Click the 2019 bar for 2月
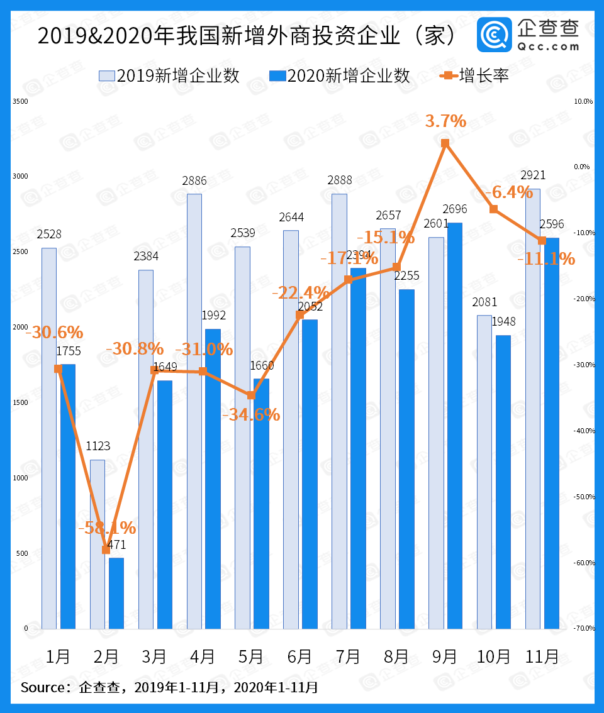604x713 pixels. [x=98, y=544]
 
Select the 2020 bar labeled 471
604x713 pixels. [x=116, y=593]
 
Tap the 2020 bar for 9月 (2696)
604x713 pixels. [x=455, y=426]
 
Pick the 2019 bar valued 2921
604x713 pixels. [x=532, y=409]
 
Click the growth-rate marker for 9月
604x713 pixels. [x=445, y=143]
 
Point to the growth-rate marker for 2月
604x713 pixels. [x=106, y=550]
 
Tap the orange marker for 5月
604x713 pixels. [x=251, y=395]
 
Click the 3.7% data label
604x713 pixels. [x=445, y=121]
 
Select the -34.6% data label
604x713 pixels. [x=251, y=414]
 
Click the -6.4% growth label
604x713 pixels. [x=509, y=192]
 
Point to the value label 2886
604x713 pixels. [x=194, y=181]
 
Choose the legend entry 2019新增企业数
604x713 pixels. [x=169, y=76]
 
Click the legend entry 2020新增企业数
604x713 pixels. [x=340, y=76]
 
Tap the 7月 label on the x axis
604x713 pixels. [x=348, y=656]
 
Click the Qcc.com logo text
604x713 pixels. [x=549, y=46]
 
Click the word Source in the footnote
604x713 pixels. [x=43, y=687]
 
